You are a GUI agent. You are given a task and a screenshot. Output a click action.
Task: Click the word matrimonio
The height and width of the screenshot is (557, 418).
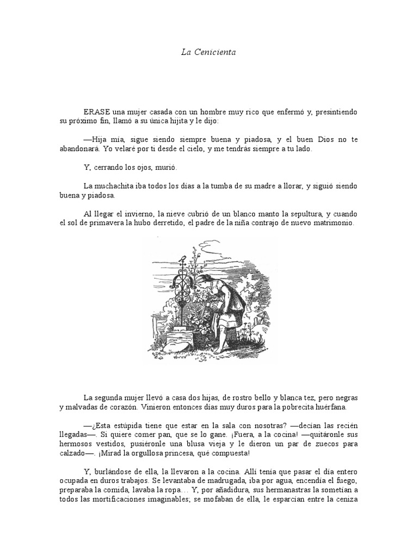331,224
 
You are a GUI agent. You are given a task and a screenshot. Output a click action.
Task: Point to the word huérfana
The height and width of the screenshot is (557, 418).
337,407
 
